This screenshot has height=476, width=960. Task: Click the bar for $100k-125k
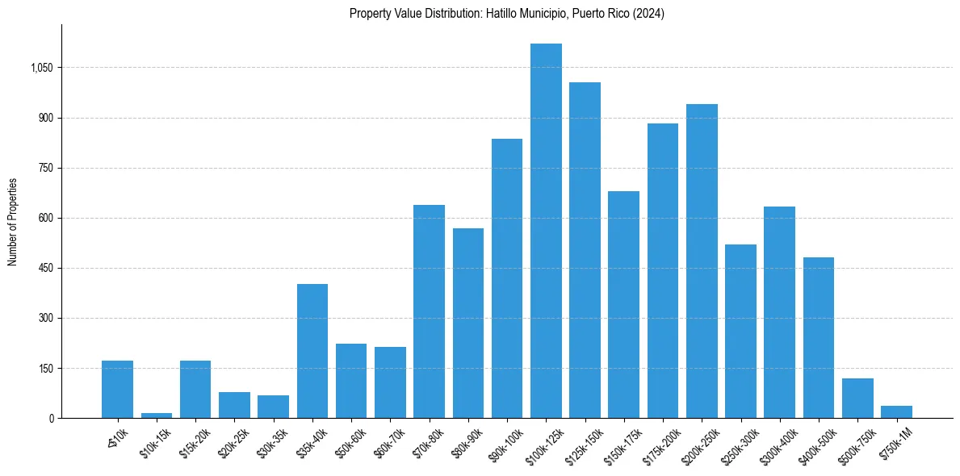[x=546, y=231]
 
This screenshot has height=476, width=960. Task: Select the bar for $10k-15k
[x=157, y=415]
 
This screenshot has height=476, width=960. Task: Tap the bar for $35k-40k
[x=312, y=351]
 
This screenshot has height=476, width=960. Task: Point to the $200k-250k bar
[x=702, y=261]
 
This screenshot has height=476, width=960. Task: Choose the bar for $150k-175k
[x=623, y=305]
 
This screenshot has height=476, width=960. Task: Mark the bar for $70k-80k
[x=429, y=311]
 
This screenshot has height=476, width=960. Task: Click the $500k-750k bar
[x=857, y=398]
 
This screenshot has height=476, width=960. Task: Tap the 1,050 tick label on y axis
[x=41, y=68]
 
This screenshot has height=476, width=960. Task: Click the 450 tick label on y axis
[x=45, y=269]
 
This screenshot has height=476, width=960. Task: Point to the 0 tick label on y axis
[x=51, y=419]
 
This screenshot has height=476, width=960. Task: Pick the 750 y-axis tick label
[x=45, y=168]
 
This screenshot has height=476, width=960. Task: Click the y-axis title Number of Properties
[x=13, y=222]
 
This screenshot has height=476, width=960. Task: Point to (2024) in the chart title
[x=649, y=14]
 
